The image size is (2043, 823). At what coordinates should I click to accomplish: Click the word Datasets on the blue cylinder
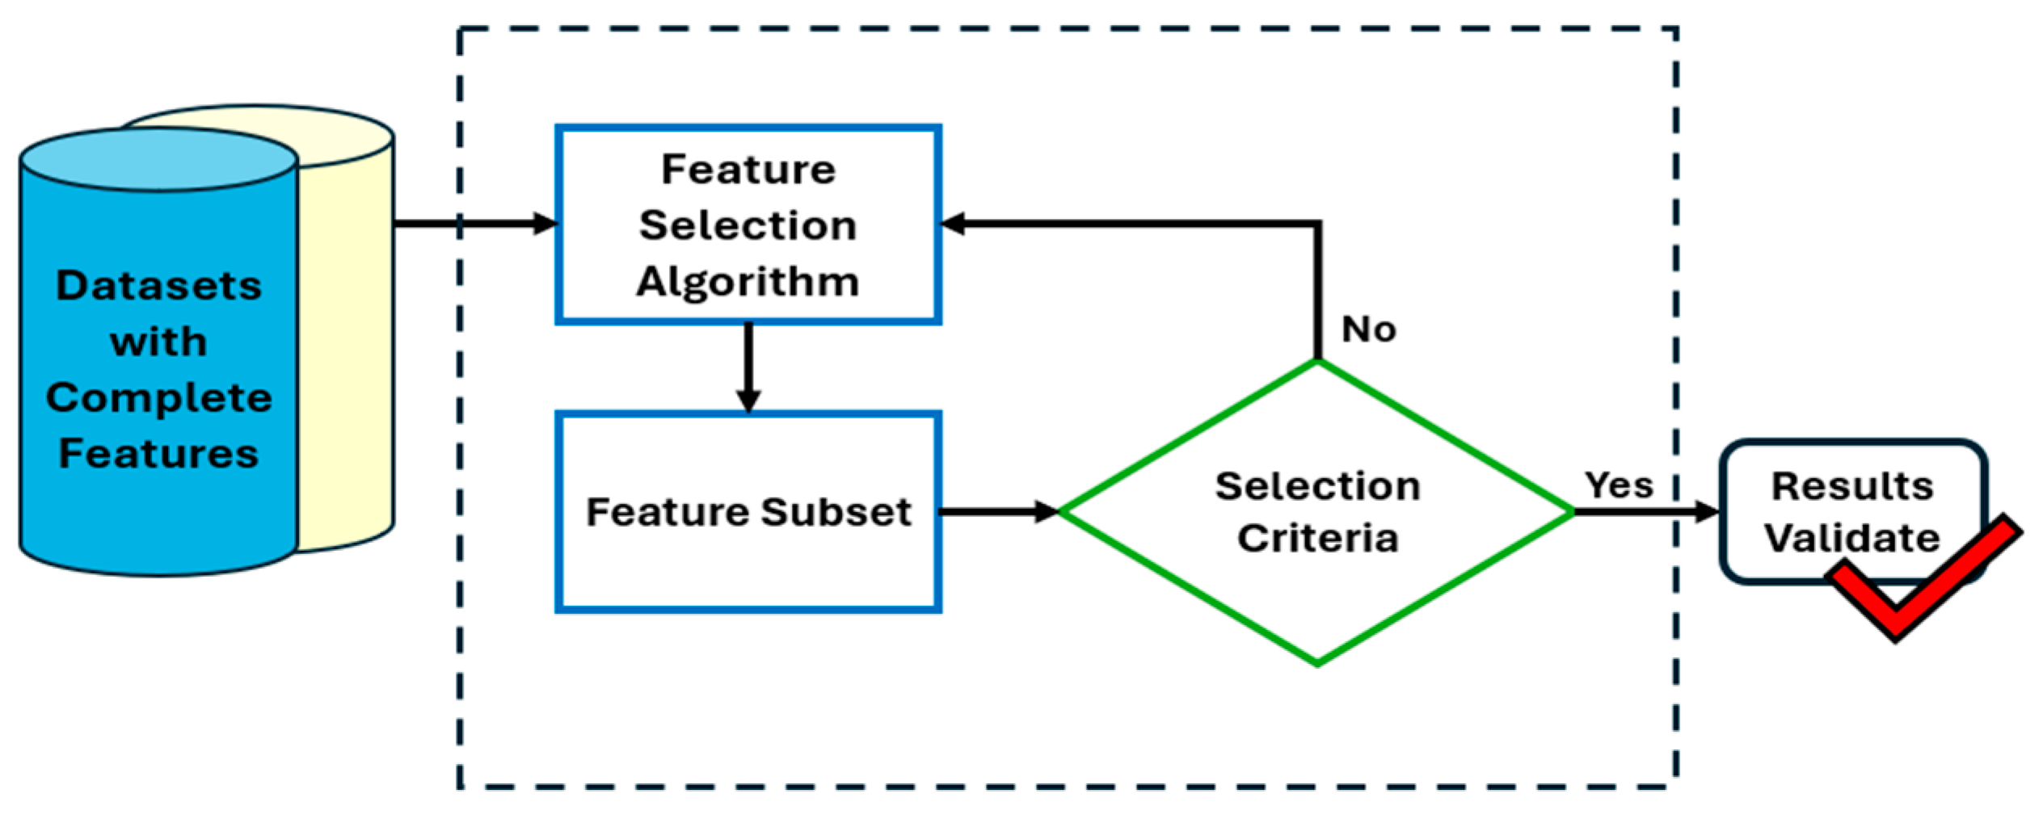pyautogui.click(x=158, y=286)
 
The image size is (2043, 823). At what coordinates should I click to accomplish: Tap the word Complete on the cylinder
pyautogui.click(x=158, y=398)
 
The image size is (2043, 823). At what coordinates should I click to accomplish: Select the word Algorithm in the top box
pyautogui.click(x=748, y=282)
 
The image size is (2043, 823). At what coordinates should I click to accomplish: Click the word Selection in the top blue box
pyautogui.click(x=748, y=225)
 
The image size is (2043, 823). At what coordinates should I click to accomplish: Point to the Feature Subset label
pyautogui.click(x=748, y=512)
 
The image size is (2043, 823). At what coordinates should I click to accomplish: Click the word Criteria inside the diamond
pyautogui.click(x=1317, y=539)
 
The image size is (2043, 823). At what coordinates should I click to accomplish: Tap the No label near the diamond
pyautogui.click(x=1368, y=330)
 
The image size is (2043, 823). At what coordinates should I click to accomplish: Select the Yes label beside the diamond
pyautogui.click(x=1619, y=485)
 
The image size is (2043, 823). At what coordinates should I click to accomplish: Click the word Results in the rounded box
pyautogui.click(x=1852, y=486)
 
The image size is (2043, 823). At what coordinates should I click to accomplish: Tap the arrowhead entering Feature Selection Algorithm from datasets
pyautogui.click(x=546, y=224)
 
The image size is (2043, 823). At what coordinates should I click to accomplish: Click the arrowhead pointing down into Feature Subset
pyautogui.click(x=748, y=401)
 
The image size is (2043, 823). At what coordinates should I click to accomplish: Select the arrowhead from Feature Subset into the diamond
pyautogui.click(x=1047, y=511)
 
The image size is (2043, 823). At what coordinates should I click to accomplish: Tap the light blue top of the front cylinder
pyautogui.click(x=158, y=160)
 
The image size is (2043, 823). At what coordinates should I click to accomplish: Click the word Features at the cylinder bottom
pyautogui.click(x=158, y=453)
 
